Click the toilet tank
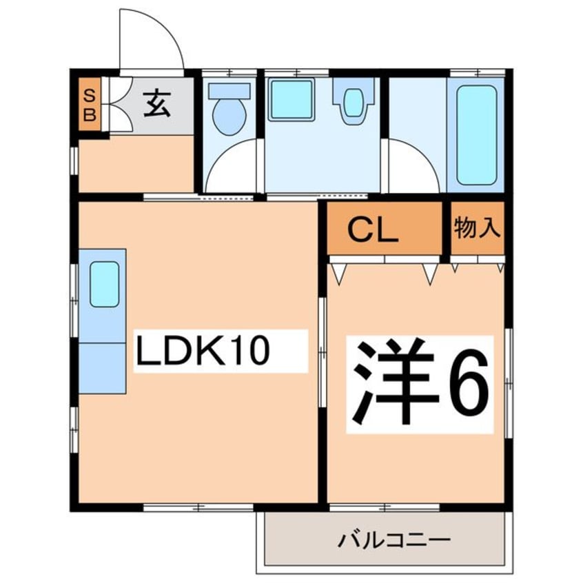[229, 90]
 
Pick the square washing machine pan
[291, 101]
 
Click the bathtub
[477, 135]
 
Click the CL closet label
[373, 229]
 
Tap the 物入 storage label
[477, 228]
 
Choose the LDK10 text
[201, 352]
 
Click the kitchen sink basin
[104, 284]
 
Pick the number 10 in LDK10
[244, 352]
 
